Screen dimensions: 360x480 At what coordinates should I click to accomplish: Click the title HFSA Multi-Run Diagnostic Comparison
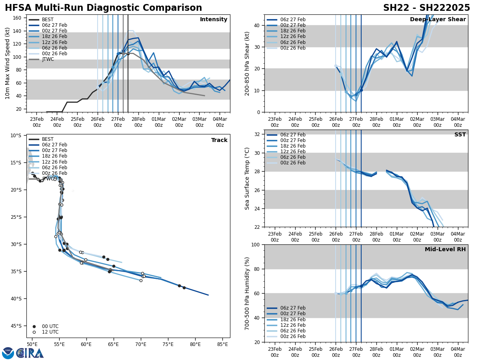pyautogui.click(x=103, y=8)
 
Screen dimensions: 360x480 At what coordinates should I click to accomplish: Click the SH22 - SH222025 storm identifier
pyautogui.click(x=426, y=8)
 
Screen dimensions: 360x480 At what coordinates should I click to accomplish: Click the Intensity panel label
pyautogui.click(x=214, y=20)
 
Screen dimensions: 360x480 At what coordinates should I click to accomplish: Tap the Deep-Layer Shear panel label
pyautogui.click(x=438, y=20)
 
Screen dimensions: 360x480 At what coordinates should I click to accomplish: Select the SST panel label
pyautogui.click(x=460, y=135)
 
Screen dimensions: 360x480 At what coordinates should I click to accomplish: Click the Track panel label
pyautogui.click(x=219, y=140)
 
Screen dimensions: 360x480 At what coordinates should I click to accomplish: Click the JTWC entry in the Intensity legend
pyautogui.click(x=48, y=59)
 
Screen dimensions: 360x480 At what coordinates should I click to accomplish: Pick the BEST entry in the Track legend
pyautogui.click(x=48, y=139)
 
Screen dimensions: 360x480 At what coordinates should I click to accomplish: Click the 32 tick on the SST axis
pyautogui.click(x=258, y=134)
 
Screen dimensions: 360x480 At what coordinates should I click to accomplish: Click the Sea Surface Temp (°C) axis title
pyautogui.click(x=247, y=178)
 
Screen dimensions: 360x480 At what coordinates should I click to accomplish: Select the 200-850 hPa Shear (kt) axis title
pyautogui.click(x=247, y=63)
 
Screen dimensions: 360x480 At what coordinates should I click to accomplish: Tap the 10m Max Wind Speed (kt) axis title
pyautogui.click(x=8, y=63)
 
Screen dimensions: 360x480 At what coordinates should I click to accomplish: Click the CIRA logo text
pyautogui.click(x=30, y=353)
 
